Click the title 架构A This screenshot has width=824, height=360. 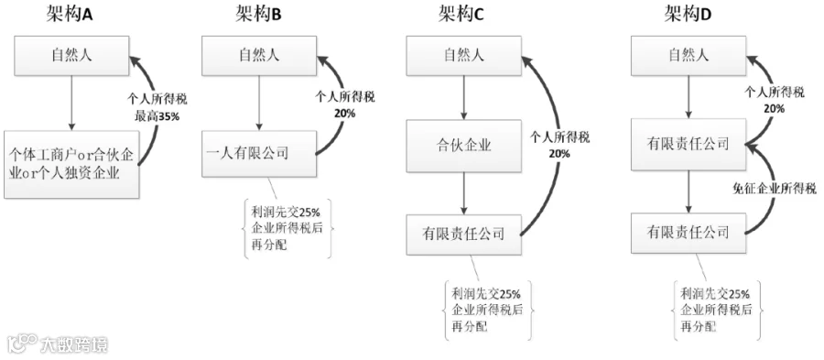70,14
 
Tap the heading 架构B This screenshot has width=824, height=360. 259,14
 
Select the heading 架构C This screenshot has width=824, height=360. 461,14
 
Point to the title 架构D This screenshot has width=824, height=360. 688,14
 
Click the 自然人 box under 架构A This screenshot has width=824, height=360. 71,55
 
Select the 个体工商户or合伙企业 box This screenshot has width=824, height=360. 71,165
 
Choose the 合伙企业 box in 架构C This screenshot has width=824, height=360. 463,145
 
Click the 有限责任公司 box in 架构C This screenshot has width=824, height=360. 463,234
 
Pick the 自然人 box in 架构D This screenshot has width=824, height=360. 688,55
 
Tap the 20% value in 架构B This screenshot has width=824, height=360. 344,113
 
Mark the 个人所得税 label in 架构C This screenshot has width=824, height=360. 560,137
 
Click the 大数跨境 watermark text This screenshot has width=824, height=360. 75,344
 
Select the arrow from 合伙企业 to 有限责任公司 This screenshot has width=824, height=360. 463,193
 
